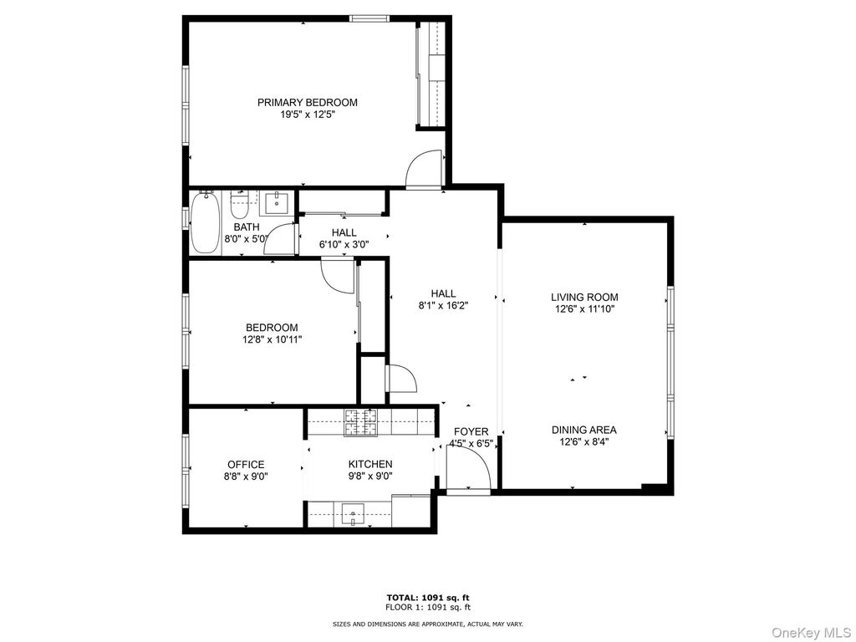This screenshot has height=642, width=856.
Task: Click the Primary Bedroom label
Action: [x=307, y=102]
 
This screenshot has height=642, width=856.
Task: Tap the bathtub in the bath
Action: [x=204, y=222]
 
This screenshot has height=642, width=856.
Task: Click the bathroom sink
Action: [x=276, y=202]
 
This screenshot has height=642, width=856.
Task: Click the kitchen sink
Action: [x=354, y=512]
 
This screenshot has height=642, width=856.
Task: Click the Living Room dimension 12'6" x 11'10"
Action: [x=584, y=308]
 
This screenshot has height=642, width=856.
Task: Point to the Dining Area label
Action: [x=584, y=430]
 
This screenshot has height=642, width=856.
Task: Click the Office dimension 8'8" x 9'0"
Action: [x=246, y=476]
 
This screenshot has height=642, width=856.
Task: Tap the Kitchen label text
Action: [x=370, y=464]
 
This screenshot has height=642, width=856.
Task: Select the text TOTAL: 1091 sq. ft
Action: [x=427, y=597]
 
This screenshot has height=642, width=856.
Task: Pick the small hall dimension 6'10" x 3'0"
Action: [x=344, y=245]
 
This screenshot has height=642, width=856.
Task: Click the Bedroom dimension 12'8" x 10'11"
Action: [x=271, y=339]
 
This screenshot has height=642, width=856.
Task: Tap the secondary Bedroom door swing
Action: [x=339, y=275]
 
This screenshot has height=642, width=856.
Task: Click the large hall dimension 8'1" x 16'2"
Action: [x=443, y=305]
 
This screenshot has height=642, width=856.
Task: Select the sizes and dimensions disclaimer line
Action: [x=427, y=624]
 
